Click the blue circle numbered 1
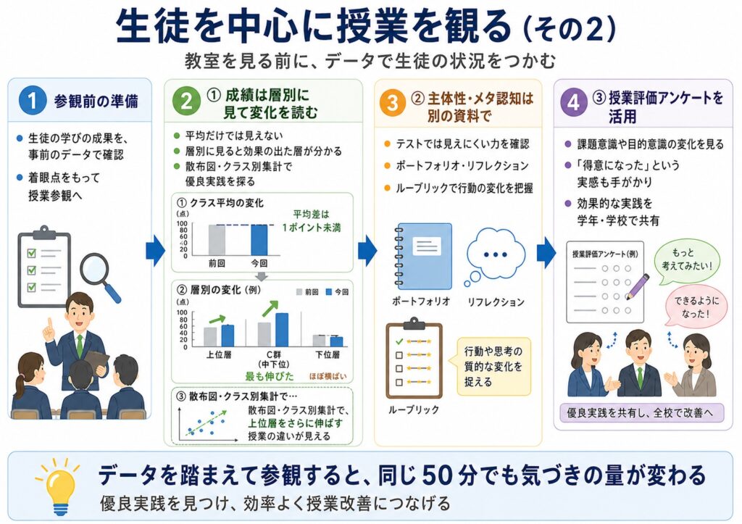32,100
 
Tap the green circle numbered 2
186,101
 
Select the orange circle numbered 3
392,102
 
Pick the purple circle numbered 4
574,102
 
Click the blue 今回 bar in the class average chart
259,240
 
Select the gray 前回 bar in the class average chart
217,240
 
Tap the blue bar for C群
282,330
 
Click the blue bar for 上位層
228,336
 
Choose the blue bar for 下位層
336,342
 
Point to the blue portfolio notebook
423,256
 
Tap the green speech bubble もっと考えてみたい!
686,262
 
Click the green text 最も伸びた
270,376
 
